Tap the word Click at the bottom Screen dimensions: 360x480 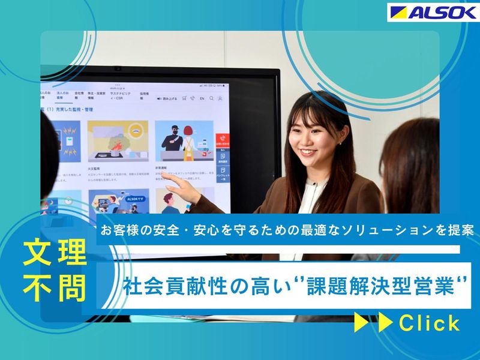[x=429, y=324]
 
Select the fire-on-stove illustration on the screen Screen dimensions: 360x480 [x=117, y=142]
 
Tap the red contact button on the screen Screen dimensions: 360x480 [x=221, y=143]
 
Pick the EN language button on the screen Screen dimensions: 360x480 [x=202, y=98]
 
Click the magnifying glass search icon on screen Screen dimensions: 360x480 [x=193, y=98]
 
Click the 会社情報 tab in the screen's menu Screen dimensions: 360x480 [x=80, y=95]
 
